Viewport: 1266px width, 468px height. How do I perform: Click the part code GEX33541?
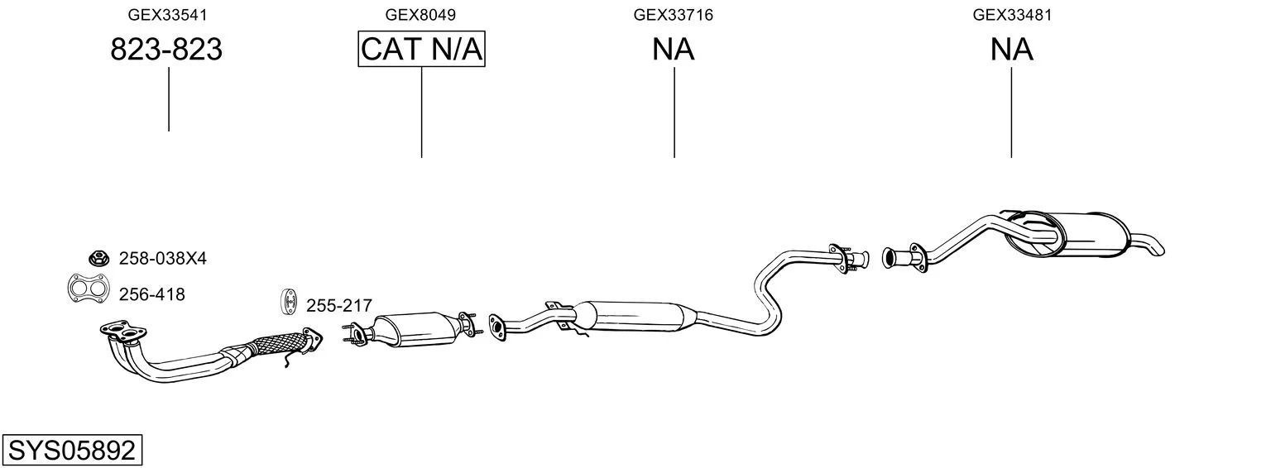click(x=167, y=15)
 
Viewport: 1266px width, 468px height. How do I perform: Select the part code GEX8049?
click(x=420, y=15)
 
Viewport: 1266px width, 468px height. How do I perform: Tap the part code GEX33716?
click(x=673, y=15)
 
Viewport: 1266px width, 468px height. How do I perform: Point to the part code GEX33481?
click(x=1012, y=15)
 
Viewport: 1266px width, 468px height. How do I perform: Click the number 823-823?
click(x=166, y=49)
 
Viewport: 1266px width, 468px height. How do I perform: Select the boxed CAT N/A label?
click(x=422, y=49)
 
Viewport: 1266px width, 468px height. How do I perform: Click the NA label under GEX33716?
click(x=673, y=49)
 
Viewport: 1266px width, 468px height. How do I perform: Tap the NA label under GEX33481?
click(x=1012, y=49)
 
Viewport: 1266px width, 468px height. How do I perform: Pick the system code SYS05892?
click(x=72, y=450)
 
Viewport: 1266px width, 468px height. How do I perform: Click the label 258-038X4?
click(x=163, y=259)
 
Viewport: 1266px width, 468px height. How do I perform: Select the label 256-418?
click(x=151, y=294)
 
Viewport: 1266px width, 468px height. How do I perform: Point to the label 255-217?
click(x=339, y=305)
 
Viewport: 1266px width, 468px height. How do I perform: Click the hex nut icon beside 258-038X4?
click(x=98, y=258)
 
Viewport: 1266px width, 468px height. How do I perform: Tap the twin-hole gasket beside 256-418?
click(x=88, y=288)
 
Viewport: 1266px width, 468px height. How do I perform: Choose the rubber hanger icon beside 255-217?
click(x=290, y=302)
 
